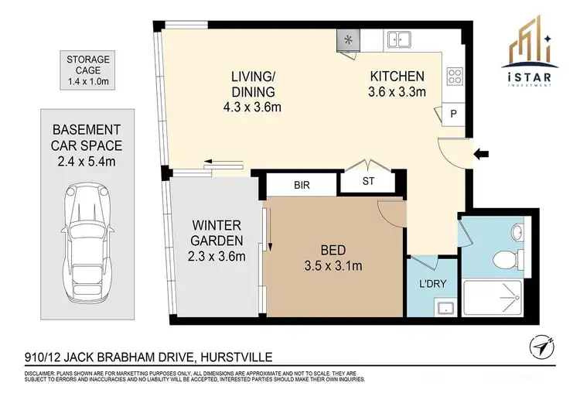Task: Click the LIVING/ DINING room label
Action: tap(255, 91)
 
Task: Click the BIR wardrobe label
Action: tap(302, 186)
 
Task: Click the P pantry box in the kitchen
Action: tap(453, 114)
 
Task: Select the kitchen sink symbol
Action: tap(400, 38)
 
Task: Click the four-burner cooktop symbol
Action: tap(455, 77)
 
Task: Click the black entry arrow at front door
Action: tap(481, 155)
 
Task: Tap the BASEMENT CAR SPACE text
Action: tap(87, 145)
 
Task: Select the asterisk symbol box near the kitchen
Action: tap(347, 39)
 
